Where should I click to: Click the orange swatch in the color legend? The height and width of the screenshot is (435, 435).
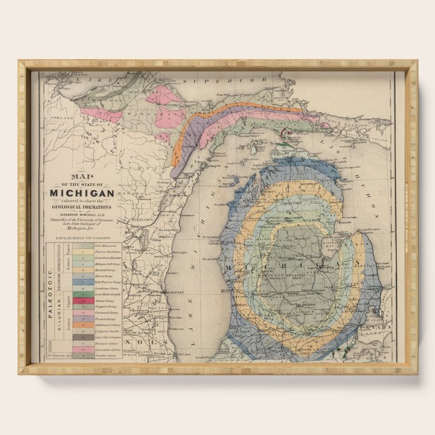point(81,324)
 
